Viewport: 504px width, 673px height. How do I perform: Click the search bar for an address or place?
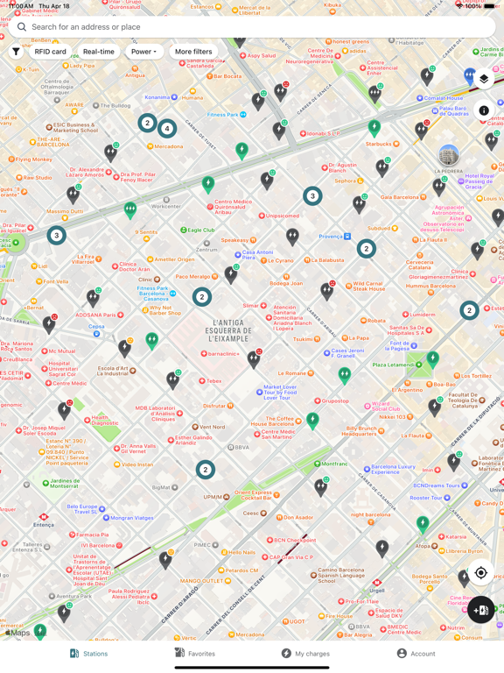pos(254,27)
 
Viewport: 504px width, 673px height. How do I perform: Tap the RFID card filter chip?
pos(50,52)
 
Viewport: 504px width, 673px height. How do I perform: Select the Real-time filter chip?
pos(99,52)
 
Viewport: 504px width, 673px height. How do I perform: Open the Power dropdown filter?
pos(144,52)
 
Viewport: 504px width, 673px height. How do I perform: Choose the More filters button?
pos(193,52)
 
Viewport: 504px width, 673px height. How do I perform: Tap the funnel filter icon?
pos(16,52)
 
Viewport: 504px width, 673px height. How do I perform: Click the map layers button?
pos(484,79)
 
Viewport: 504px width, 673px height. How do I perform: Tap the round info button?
pos(484,110)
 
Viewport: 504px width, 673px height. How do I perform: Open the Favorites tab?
pos(194,653)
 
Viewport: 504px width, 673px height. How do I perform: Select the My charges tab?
pos(305,653)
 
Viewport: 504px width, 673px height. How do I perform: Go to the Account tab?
pos(416,653)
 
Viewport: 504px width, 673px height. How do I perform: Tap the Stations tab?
pos(88,653)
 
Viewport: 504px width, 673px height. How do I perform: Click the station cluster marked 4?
pos(167,129)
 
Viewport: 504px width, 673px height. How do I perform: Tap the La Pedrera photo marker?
pos(449,157)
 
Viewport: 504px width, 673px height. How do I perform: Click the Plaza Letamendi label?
pos(393,365)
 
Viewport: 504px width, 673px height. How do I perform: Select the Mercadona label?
pos(169,146)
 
